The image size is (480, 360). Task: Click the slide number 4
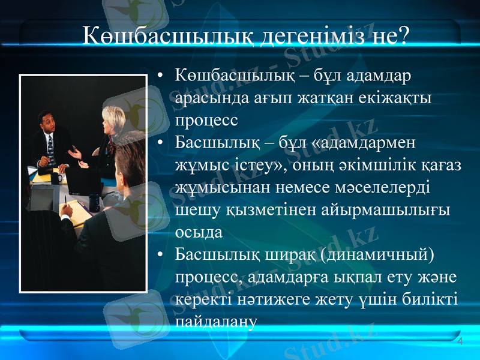pyautogui.click(x=460, y=341)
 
